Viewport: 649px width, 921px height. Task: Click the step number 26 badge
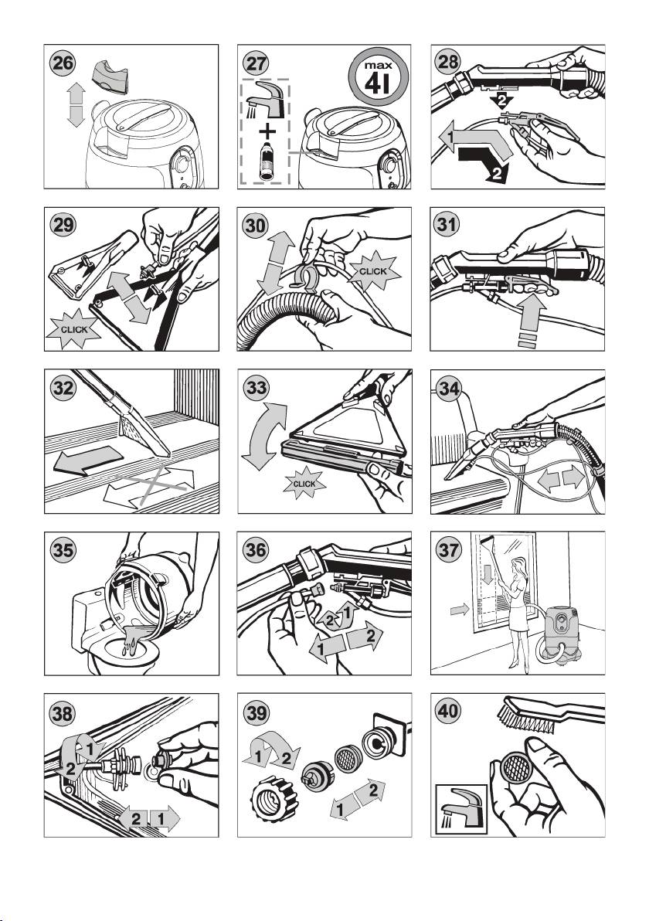pos(63,63)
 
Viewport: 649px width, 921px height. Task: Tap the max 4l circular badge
pos(379,77)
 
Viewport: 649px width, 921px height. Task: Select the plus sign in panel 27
pos(267,130)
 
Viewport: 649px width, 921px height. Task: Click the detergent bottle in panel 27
pos(267,161)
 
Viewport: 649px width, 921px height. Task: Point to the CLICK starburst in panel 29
pos(74,329)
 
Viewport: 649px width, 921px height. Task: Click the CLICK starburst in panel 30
pos(373,270)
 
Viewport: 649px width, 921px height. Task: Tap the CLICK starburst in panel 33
pos(304,484)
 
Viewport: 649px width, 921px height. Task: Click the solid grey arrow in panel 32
pos(88,459)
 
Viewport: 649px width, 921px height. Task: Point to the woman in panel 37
pos(515,611)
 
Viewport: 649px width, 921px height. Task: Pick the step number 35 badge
pos(63,550)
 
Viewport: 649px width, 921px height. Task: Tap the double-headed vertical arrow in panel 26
pos(76,104)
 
